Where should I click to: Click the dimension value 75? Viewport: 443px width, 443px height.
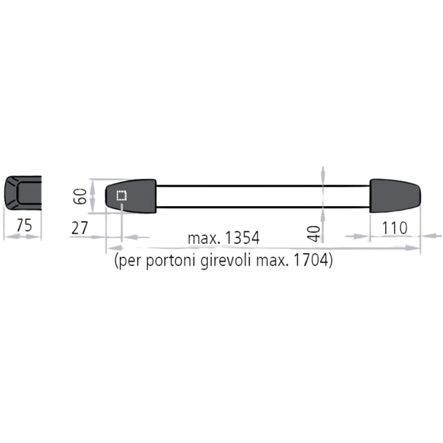click(x=24, y=225)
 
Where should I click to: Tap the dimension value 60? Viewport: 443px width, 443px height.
click(x=80, y=196)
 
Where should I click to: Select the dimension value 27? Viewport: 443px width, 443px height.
click(x=80, y=228)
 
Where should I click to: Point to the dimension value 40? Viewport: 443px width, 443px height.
click(x=314, y=234)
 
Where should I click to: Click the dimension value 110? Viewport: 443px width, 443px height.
click(x=395, y=228)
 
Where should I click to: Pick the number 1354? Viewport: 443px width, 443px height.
click(x=242, y=238)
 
